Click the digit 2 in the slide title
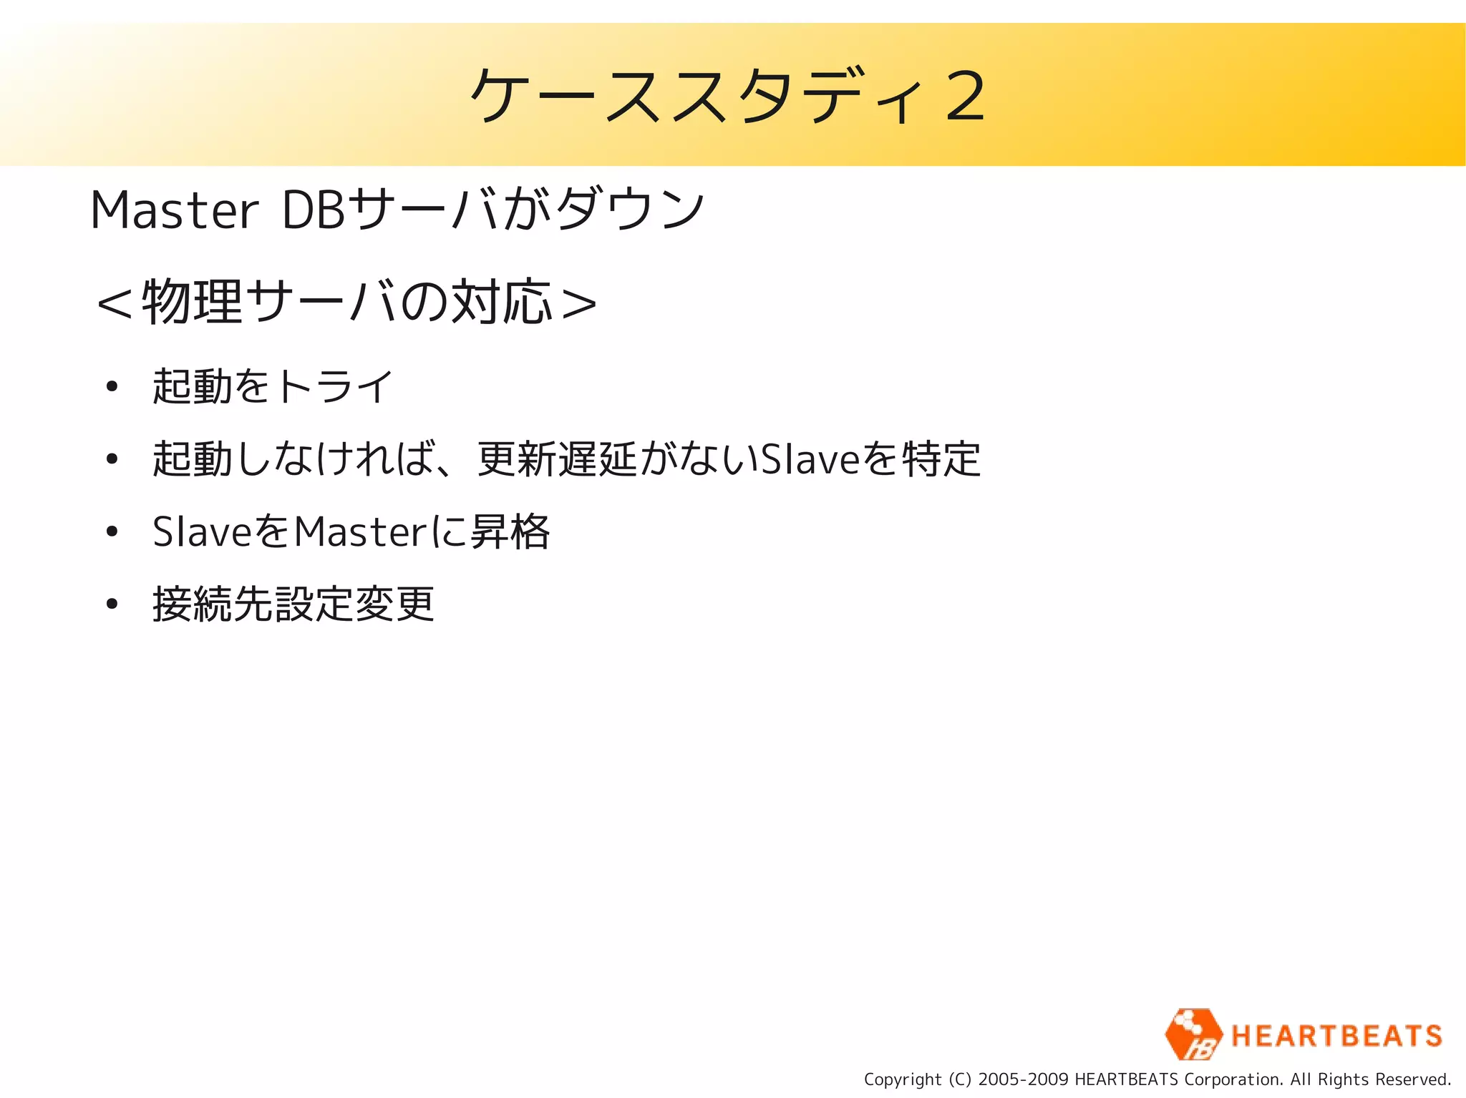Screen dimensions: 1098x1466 click(964, 97)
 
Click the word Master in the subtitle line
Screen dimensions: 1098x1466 click(173, 211)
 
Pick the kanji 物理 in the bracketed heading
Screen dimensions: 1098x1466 click(192, 302)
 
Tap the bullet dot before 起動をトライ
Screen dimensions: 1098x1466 click(111, 387)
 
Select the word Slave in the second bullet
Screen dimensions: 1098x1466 click(809, 459)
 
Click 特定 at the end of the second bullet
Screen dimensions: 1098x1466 click(941, 459)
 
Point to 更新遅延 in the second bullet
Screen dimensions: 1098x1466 click(557, 459)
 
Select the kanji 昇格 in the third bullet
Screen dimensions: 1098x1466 click(510, 532)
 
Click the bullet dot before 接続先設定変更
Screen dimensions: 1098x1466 click(111, 604)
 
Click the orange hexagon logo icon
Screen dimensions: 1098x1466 click(1193, 1034)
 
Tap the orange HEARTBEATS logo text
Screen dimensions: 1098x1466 click(1336, 1036)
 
